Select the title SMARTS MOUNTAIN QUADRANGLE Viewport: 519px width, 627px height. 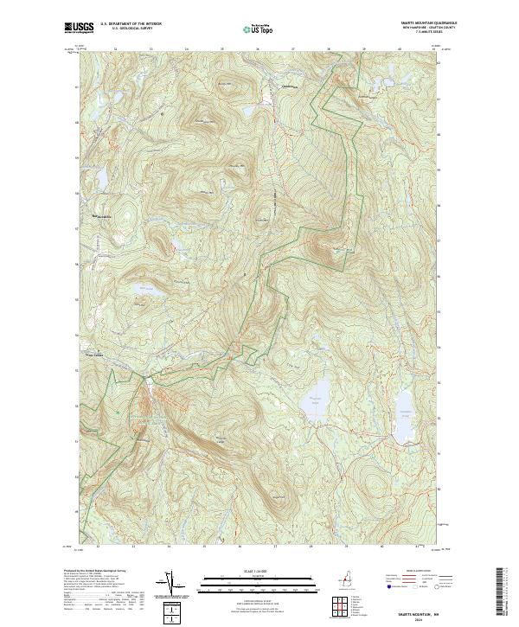point(425,23)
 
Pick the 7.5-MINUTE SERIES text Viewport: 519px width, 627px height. point(425,33)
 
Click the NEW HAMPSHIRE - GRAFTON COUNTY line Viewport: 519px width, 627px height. point(425,28)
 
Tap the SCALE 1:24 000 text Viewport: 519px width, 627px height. point(259,571)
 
